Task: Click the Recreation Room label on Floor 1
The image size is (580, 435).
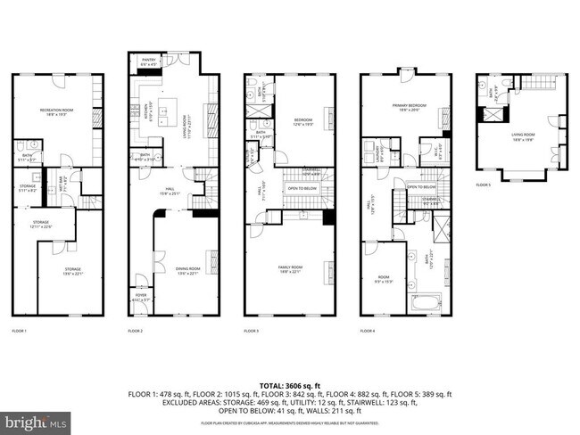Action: [55, 111]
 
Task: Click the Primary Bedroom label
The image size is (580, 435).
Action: [410, 107]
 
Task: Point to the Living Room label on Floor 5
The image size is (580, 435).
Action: [523, 136]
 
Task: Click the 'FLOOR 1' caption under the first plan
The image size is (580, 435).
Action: [20, 332]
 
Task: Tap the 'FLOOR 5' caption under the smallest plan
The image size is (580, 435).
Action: [483, 185]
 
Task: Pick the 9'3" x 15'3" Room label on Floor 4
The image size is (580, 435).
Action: [384, 280]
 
